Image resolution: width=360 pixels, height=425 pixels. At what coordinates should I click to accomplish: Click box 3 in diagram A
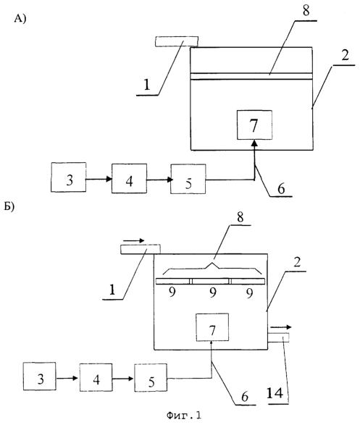coord(69,177)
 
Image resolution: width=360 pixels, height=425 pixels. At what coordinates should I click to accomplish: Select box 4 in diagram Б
coord(96,377)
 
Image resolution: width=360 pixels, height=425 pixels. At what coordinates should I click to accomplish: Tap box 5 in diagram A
coord(188,179)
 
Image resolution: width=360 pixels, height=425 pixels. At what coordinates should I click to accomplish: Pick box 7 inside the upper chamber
coord(254,125)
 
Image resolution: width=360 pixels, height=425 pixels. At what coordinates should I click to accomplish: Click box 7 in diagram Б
coord(212,327)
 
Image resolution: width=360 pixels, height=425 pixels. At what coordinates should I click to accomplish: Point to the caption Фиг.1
coord(184,416)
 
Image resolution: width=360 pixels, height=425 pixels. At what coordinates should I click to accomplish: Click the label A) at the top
coord(20,19)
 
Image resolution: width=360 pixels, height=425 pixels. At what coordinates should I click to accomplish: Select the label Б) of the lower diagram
coord(9,206)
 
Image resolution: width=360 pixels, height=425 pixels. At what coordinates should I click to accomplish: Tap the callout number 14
coord(275,392)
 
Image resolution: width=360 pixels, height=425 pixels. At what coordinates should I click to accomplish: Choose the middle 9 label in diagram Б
coord(213,293)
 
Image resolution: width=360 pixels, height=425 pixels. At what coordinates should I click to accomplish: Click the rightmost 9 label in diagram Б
coord(249,293)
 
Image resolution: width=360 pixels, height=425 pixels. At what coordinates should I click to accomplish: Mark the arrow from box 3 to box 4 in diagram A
coord(99,179)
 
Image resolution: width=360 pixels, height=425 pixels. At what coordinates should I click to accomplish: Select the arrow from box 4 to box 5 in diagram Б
coord(123,379)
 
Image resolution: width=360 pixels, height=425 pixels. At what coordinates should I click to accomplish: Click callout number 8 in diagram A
coord(306,11)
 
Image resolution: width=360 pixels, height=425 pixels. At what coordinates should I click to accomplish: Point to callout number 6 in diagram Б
coord(245,397)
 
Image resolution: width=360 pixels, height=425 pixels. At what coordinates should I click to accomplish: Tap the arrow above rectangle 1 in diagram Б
coord(134,240)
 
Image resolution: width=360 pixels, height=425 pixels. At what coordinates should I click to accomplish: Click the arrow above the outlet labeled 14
coord(281,327)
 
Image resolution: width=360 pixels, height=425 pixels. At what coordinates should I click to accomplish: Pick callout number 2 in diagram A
coord(345,55)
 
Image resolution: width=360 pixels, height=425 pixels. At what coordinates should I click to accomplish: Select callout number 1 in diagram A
coord(146,85)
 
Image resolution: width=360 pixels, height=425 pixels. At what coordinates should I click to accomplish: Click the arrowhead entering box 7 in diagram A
coord(254,143)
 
